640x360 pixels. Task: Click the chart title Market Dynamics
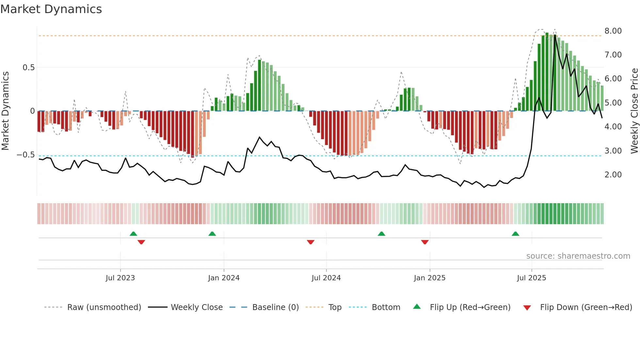coord(51,9)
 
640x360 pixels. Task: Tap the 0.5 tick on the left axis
coord(28,68)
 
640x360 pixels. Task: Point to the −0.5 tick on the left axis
coord(26,155)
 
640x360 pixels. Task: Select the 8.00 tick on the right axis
coord(613,31)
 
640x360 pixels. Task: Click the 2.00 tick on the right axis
coord(613,175)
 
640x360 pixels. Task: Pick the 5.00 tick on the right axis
coord(613,103)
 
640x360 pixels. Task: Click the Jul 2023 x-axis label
coord(120,278)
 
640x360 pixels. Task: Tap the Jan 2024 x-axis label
coord(224,278)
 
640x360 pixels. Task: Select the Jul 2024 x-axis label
coord(326,278)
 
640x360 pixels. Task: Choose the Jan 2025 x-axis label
coord(429,278)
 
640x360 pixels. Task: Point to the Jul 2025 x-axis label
coord(531,278)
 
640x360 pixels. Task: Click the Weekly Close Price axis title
coord(634,111)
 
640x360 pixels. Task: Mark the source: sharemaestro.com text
coord(578,256)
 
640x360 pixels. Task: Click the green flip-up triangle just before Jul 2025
coord(515,234)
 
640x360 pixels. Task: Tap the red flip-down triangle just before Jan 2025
coord(424,242)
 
